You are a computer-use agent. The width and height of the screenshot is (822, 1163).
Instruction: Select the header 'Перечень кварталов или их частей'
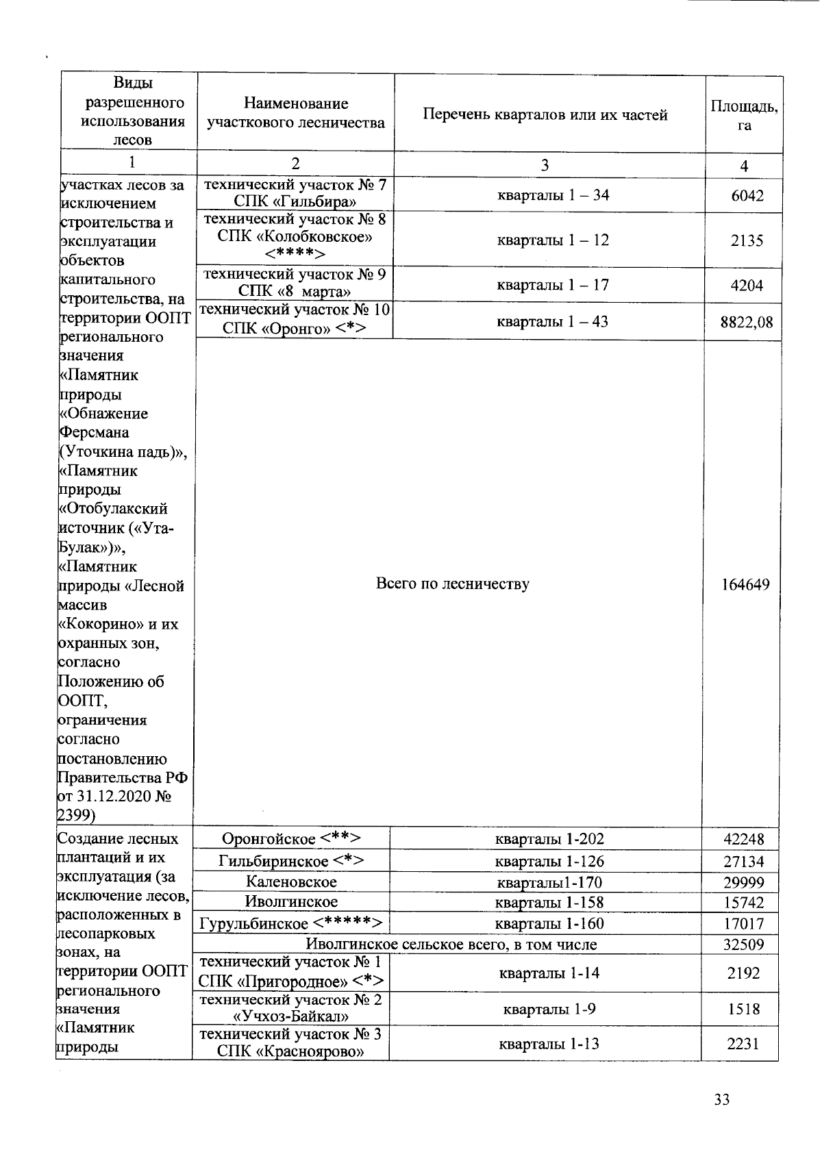[x=545, y=115]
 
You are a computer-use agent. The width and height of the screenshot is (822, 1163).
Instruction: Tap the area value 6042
[x=747, y=196]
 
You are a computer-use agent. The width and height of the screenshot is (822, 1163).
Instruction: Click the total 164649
[x=745, y=584]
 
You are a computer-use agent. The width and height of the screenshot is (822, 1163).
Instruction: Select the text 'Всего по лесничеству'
[x=453, y=584]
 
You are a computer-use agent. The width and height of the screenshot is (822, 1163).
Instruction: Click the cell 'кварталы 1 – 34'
[x=553, y=195]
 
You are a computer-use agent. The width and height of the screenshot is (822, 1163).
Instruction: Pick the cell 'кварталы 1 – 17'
[x=553, y=285]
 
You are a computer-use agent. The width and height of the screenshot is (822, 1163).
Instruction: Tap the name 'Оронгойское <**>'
[x=292, y=838]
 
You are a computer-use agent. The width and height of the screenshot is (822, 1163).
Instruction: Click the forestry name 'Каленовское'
[x=292, y=882]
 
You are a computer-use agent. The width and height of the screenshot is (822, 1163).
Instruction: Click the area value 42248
[x=744, y=839]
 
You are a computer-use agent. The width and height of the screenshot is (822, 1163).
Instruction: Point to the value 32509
[x=744, y=945]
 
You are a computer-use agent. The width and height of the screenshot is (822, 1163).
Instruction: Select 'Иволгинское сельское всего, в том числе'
[x=451, y=945]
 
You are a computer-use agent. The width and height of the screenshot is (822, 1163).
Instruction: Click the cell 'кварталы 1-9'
[x=545, y=1009]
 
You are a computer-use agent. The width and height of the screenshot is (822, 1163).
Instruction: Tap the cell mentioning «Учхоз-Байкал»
[x=290, y=1008]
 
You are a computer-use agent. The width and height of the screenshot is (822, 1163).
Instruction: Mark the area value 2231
[x=743, y=1043]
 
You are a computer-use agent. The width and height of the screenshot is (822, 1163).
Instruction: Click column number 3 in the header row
[x=545, y=165]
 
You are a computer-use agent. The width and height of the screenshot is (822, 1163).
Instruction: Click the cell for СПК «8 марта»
[x=295, y=284]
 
